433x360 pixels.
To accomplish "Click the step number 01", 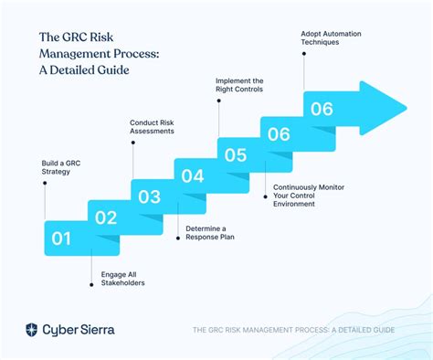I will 61,239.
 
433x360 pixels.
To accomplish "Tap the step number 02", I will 106,217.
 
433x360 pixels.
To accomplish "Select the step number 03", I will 149,196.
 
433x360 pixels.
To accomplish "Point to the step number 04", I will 192,175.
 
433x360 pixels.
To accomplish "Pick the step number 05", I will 236,154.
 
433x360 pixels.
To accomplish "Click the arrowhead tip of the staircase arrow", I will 405,102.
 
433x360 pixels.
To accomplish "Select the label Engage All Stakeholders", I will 116,277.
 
